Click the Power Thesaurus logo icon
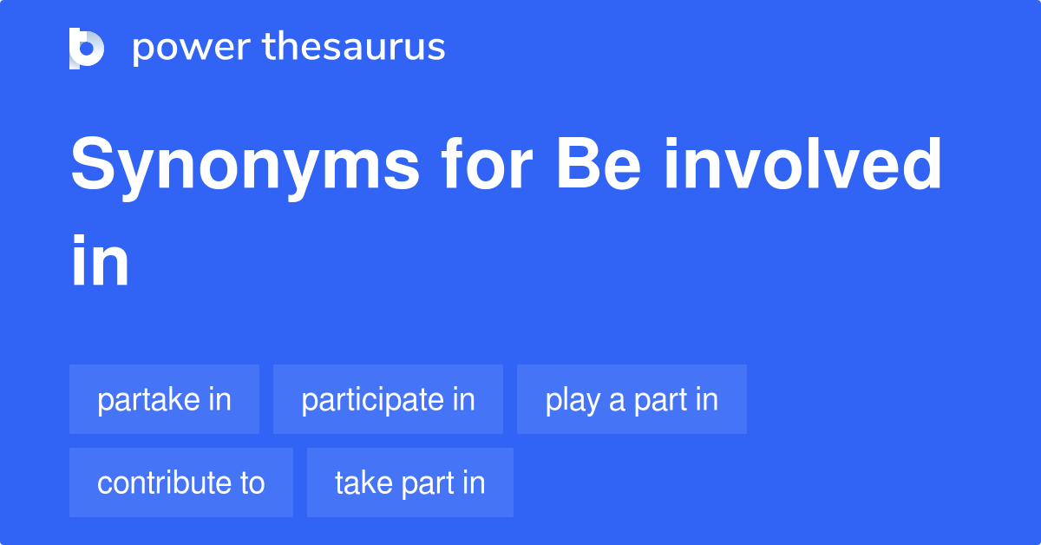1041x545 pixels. (x=87, y=49)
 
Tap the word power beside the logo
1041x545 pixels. (x=192, y=49)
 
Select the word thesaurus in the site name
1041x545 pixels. (x=354, y=46)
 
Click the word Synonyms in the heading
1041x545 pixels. (x=245, y=167)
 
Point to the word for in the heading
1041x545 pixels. (x=487, y=164)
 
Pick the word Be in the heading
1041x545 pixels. (x=599, y=164)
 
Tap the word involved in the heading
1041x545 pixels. (x=803, y=164)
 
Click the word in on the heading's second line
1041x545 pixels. (x=100, y=260)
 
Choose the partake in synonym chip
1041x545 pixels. (x=165, y=399)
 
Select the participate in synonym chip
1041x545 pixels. (x=388, y=399)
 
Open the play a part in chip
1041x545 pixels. (x=632, y=399)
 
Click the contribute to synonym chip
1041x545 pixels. (x=181, y=483)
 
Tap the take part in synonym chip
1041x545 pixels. (x=410, y=483)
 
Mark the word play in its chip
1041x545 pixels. (x=573, y=400)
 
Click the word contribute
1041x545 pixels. (x=164, y=483)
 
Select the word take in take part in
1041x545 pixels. (x=363, y=483)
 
